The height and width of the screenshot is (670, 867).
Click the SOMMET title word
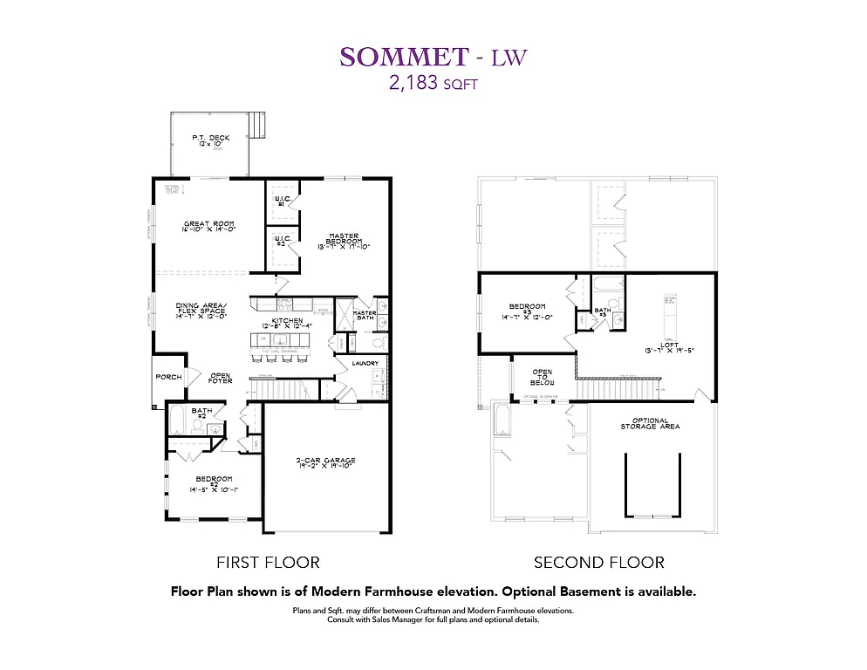[x=404, y=57]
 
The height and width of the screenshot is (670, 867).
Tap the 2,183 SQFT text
[x=433, y=85]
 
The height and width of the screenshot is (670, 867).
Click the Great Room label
[x=209, y=226]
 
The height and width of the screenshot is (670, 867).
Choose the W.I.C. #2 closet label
[x=282, y=240]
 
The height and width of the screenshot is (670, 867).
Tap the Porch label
[x=168, y=377]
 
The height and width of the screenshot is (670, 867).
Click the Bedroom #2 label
[x=214, y=483]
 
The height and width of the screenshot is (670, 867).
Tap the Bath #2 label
[x=201, y=414]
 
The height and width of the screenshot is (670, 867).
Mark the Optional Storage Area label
[x=650, y=423]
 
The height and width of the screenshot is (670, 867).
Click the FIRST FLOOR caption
[x=268, y=563]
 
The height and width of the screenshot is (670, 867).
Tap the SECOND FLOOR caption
[x=598, y=563]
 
